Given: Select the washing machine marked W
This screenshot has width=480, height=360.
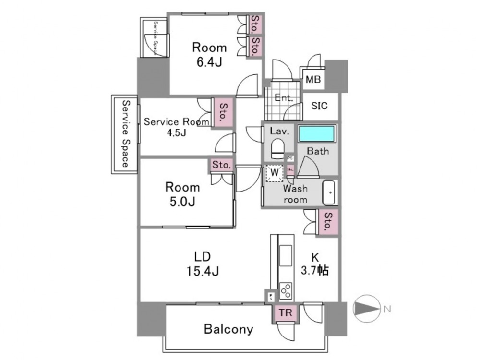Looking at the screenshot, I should (275, 173).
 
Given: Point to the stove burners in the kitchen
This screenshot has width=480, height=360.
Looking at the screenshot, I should (286, 291).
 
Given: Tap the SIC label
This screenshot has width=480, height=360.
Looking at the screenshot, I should (320, 106).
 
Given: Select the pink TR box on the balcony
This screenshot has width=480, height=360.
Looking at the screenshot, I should (286, 312).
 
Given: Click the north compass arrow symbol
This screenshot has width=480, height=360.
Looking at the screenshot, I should (366, 309).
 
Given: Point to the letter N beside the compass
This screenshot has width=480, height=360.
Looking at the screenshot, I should (386, 309).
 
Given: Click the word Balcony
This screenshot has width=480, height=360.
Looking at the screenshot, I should (228, 329).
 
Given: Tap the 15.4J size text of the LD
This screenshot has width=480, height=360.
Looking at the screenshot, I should (202, 272).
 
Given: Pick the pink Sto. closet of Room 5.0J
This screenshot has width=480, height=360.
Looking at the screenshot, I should (222, 165).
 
